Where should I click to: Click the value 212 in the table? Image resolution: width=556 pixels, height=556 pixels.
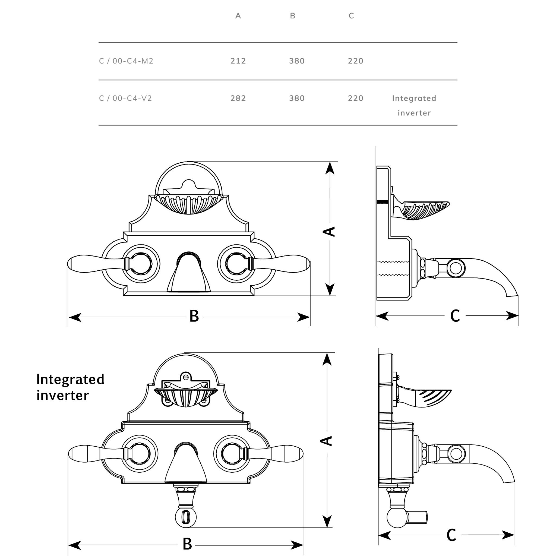(x=238, y=61)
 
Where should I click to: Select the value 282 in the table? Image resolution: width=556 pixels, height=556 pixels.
(x=238, y=99)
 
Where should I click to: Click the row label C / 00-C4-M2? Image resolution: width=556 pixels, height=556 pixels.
(x=126, y=61)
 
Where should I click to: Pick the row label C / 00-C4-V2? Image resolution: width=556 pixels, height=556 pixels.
(x=125, y=99)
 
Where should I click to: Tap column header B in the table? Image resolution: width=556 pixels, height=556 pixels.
(x=292, y=16)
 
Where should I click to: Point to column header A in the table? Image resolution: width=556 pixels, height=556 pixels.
(x=238, y=16)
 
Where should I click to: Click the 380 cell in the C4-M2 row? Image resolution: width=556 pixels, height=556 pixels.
(x=297, y=61)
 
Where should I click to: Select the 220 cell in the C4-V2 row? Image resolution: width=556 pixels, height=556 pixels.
(x=355, y=99)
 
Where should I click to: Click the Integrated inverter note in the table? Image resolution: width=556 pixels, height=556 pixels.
(x=414, y=106)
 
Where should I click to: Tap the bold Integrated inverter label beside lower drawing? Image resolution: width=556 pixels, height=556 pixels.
(x=70, y=387)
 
